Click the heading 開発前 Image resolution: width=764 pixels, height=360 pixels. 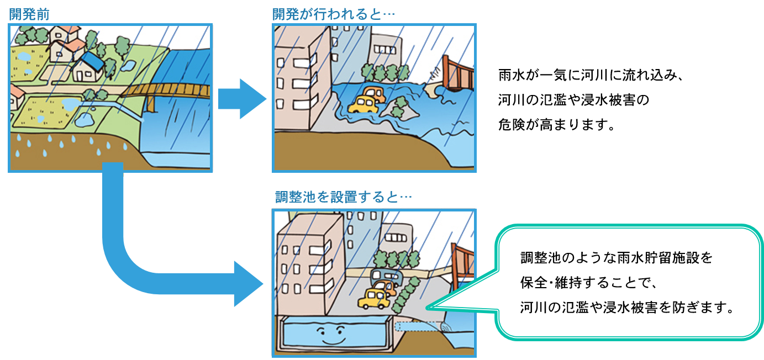(x=29, y=14)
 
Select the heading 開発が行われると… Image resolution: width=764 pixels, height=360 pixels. (x=334, y=14)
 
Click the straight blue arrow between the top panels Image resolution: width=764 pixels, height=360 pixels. (x=241, y=99)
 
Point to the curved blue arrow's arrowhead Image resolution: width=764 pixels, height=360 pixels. (x=247, y=284)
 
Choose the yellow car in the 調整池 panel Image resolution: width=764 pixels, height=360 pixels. (x=373, y=299)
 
